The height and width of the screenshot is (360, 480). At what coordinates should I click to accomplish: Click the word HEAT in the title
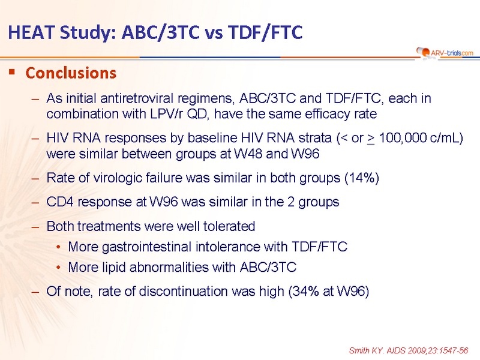pos(32,32)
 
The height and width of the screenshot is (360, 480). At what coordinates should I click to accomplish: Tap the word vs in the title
pos(214,32)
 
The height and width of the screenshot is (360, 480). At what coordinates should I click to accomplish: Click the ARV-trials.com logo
pos(445,53)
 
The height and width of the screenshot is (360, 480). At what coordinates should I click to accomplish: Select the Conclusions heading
pos(71,73)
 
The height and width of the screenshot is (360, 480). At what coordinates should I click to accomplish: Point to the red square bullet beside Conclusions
pos(12,72)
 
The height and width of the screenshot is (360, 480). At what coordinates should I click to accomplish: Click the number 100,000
pos(402,138)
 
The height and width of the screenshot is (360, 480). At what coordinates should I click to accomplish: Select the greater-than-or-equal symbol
pos(371,139)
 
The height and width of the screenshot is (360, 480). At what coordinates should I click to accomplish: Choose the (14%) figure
pos(362,178)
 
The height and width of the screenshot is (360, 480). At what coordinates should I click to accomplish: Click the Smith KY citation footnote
pos(409,350)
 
